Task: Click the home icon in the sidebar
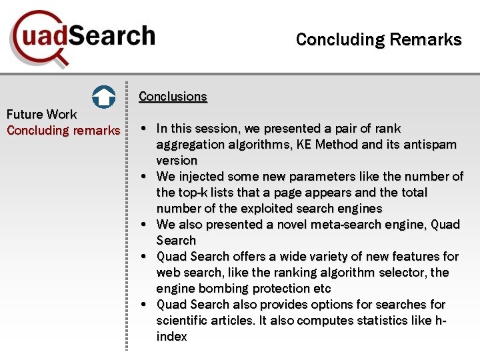tap(103, 97)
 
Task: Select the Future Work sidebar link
tap(41, 114)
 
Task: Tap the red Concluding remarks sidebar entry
tap(63, 130)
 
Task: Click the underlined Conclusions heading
tap(173, 96)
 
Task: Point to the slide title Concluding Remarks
tap(378, 39)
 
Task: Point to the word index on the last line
tap(171, 337)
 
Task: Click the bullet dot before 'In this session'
tap(144, 128)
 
